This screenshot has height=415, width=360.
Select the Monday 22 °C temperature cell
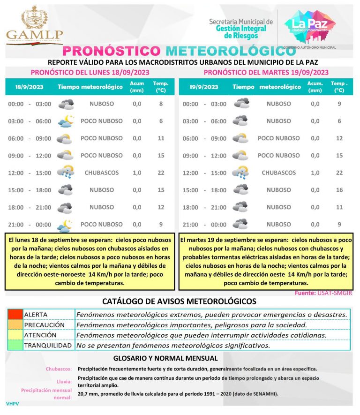(161, 173)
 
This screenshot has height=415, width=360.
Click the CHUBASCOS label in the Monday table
(102, 173)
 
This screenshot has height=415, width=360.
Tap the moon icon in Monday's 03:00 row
(66, 121)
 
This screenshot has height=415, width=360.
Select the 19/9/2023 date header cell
(204, 87)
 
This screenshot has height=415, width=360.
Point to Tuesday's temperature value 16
(339, 190)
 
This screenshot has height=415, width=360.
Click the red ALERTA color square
(15, 314)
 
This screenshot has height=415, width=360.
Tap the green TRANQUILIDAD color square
(15, 346)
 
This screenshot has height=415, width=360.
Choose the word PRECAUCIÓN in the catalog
(44, 324)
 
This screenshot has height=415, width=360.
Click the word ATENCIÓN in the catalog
(40, 335)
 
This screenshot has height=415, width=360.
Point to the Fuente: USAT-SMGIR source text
(323, 293)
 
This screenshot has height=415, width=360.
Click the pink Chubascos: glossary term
(59, 369)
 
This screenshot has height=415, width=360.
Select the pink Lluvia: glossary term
(63, 382)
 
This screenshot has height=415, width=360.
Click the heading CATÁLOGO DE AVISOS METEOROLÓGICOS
(179, 301)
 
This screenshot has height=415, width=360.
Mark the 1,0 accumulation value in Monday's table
(136, 173)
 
